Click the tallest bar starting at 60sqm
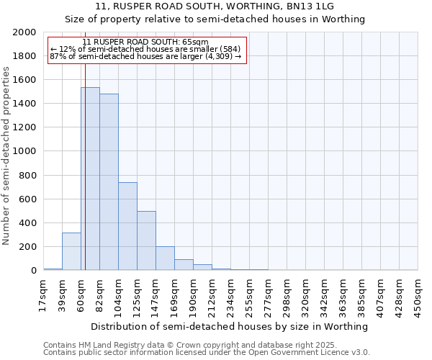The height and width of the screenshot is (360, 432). click(x=90, y=179)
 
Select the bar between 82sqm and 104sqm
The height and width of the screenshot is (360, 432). click(x=109, y=182)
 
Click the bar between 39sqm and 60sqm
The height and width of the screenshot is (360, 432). click(x=71, y=251)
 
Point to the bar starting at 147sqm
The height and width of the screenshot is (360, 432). click(x=165, y=258)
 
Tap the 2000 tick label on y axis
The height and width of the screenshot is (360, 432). click(x=24, y=33)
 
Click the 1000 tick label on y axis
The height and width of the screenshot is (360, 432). click(x=24, y=152)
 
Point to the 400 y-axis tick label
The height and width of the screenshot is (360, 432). click(x=29, y=223)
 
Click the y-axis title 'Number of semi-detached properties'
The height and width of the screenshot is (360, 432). click(x=6, y=156)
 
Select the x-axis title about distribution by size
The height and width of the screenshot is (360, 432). click(x=230, y=326)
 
